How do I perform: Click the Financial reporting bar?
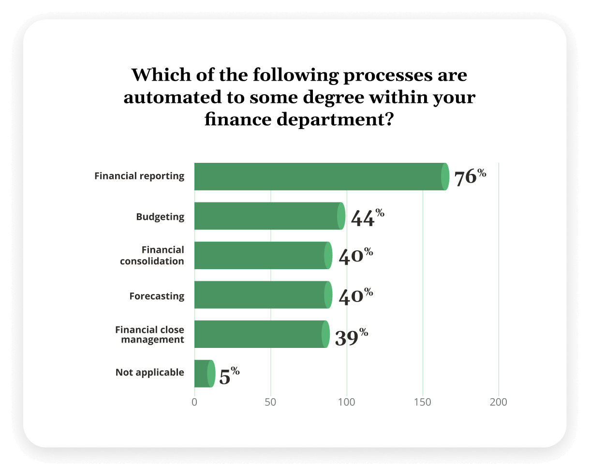(x=319, y=176)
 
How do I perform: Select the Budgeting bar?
(x=268, y=216)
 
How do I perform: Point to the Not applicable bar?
(x=204, y=374)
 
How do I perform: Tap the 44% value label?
(x=367, y=217)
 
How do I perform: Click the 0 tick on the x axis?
(x=194, y=402)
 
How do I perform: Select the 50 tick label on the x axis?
(x=270, y=402)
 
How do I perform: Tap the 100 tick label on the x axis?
(x=346, y=402)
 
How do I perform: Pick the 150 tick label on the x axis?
(x=423, y=402)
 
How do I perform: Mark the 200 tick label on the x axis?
(x=499, y=402)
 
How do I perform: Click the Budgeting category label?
(x=160, y=216)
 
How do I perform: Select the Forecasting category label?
(x=157, y=296)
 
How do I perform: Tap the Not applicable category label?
(x=150, y=373)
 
